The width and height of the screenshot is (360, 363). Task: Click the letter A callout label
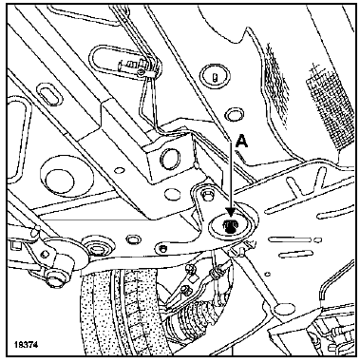pyautogui.click(x=242, y=141)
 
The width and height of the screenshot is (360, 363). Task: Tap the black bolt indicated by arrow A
pyautogui.click(x=230, y=226)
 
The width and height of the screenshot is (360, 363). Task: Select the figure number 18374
pyautogui.click(x=26, y=344)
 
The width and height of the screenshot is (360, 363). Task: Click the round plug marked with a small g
pyautogui.click(x=215, y=76)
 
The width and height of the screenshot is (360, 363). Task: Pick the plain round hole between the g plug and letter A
pyautogui.click(x=234, y=114)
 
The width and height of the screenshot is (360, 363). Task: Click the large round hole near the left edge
pyautogui.click(x=60, y=179)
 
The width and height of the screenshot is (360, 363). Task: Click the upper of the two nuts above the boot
pyautogui.click(x=192, y=270)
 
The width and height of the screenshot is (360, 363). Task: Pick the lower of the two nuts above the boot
pyautogui.click(x=185, y=289)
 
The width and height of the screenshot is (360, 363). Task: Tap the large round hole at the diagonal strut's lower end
pyautogui.click(x=282, y=310)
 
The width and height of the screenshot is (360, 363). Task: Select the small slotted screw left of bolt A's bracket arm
pyautogui.click(x=163, y=247)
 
